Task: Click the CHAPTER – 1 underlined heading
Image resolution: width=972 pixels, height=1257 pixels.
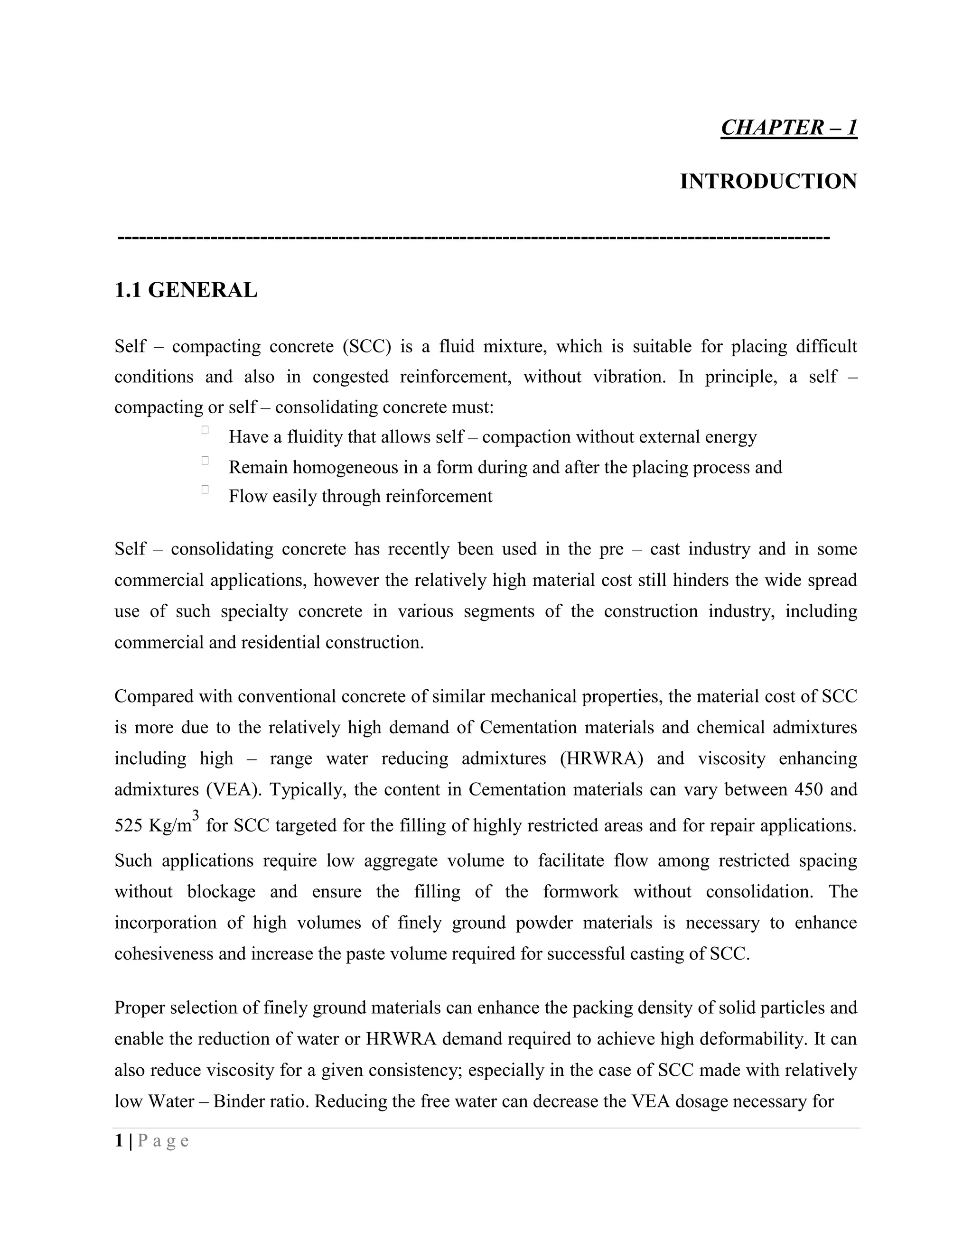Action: (x=788, y=127)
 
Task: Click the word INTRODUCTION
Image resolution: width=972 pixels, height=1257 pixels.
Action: (x=768, y=181)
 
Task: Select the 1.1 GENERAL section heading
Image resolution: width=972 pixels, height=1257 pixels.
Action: (x=186, y=290)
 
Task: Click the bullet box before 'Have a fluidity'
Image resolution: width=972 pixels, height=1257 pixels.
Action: (x=205, y=430)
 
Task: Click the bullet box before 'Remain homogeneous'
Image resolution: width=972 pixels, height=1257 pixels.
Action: (x=205, y=460)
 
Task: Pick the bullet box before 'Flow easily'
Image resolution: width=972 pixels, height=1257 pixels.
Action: (x=205, y=489)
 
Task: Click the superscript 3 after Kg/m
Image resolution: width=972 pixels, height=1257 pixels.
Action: (x=196, y=815)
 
